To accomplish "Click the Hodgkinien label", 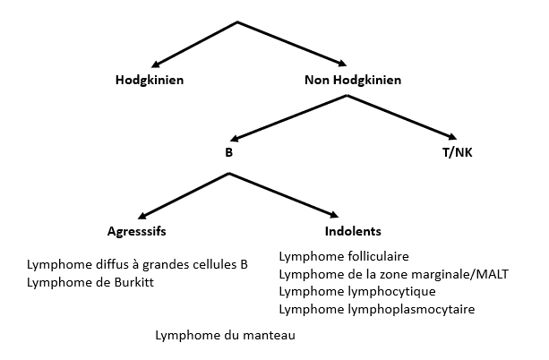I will (x=150, y=81).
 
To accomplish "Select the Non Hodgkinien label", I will (x=353, y=81).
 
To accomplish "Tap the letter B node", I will (x=228, y=152).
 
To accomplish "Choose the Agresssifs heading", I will (x=137, y=231).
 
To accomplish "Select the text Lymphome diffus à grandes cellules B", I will (x=137, y=266).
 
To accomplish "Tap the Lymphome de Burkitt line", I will (x=96, y=283).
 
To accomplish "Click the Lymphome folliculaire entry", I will (x=344, y=257).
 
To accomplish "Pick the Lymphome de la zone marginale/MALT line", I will (x=394, y=274).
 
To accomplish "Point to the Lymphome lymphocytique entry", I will (x=357, y=292).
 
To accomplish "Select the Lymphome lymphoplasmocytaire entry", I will (x=377, y=310).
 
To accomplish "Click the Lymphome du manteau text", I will (x=225, y=337).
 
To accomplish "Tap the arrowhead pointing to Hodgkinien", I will (x=159, y=63).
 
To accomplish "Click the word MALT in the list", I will (x=492, y=274).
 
